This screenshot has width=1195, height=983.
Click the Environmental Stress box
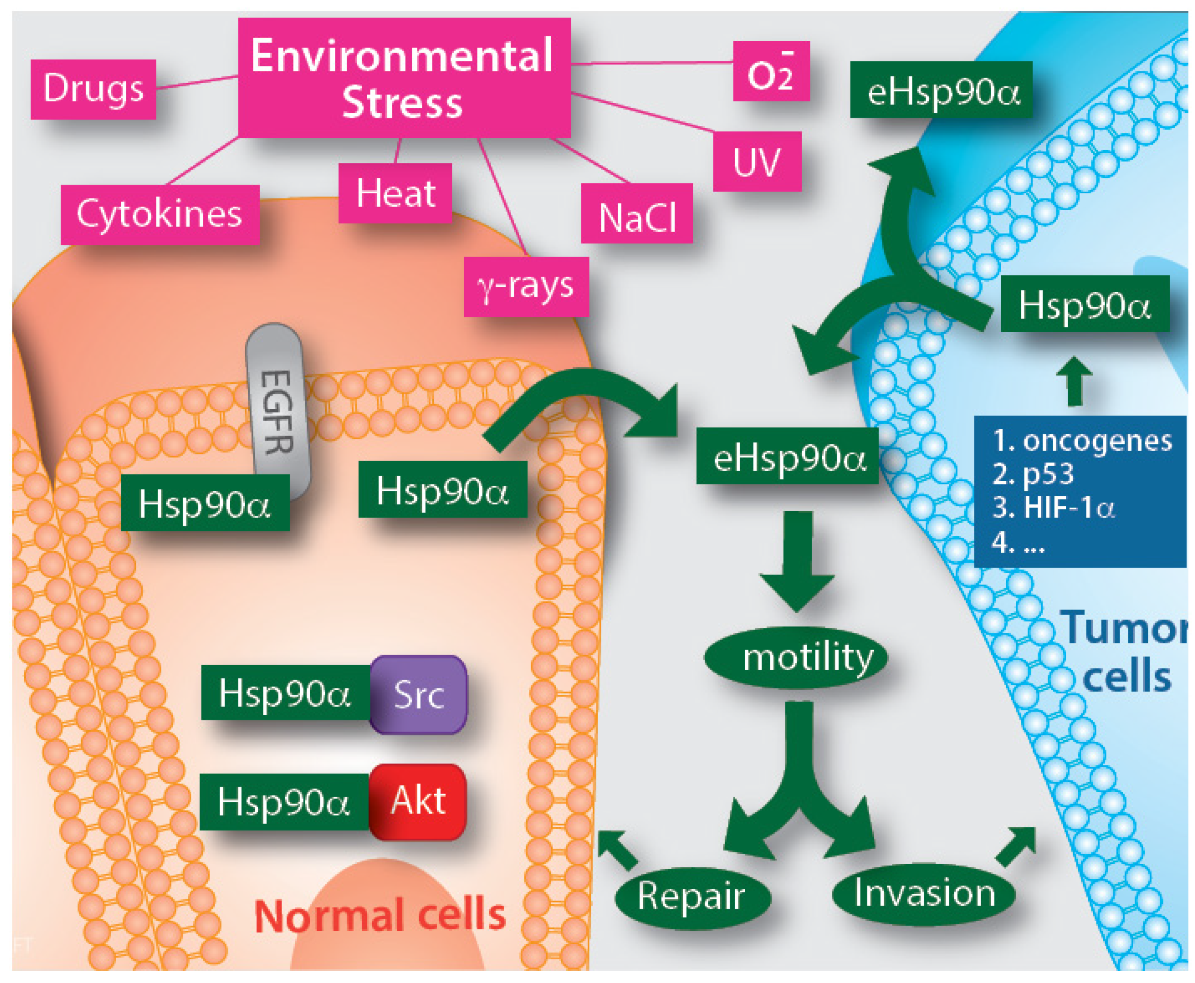point(403,78)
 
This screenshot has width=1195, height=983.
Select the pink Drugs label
point(93,89)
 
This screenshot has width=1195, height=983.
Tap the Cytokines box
point(160,215)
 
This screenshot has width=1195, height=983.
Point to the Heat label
point(395,193)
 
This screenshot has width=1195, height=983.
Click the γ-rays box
point(526,286)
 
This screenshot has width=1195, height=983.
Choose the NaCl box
point(636,213)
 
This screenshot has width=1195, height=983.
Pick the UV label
point(756,161)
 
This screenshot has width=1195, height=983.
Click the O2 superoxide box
point(770,71)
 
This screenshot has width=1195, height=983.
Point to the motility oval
point(795,658)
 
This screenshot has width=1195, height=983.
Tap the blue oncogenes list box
point(1079,491)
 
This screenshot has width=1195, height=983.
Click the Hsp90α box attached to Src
point(285,693)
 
